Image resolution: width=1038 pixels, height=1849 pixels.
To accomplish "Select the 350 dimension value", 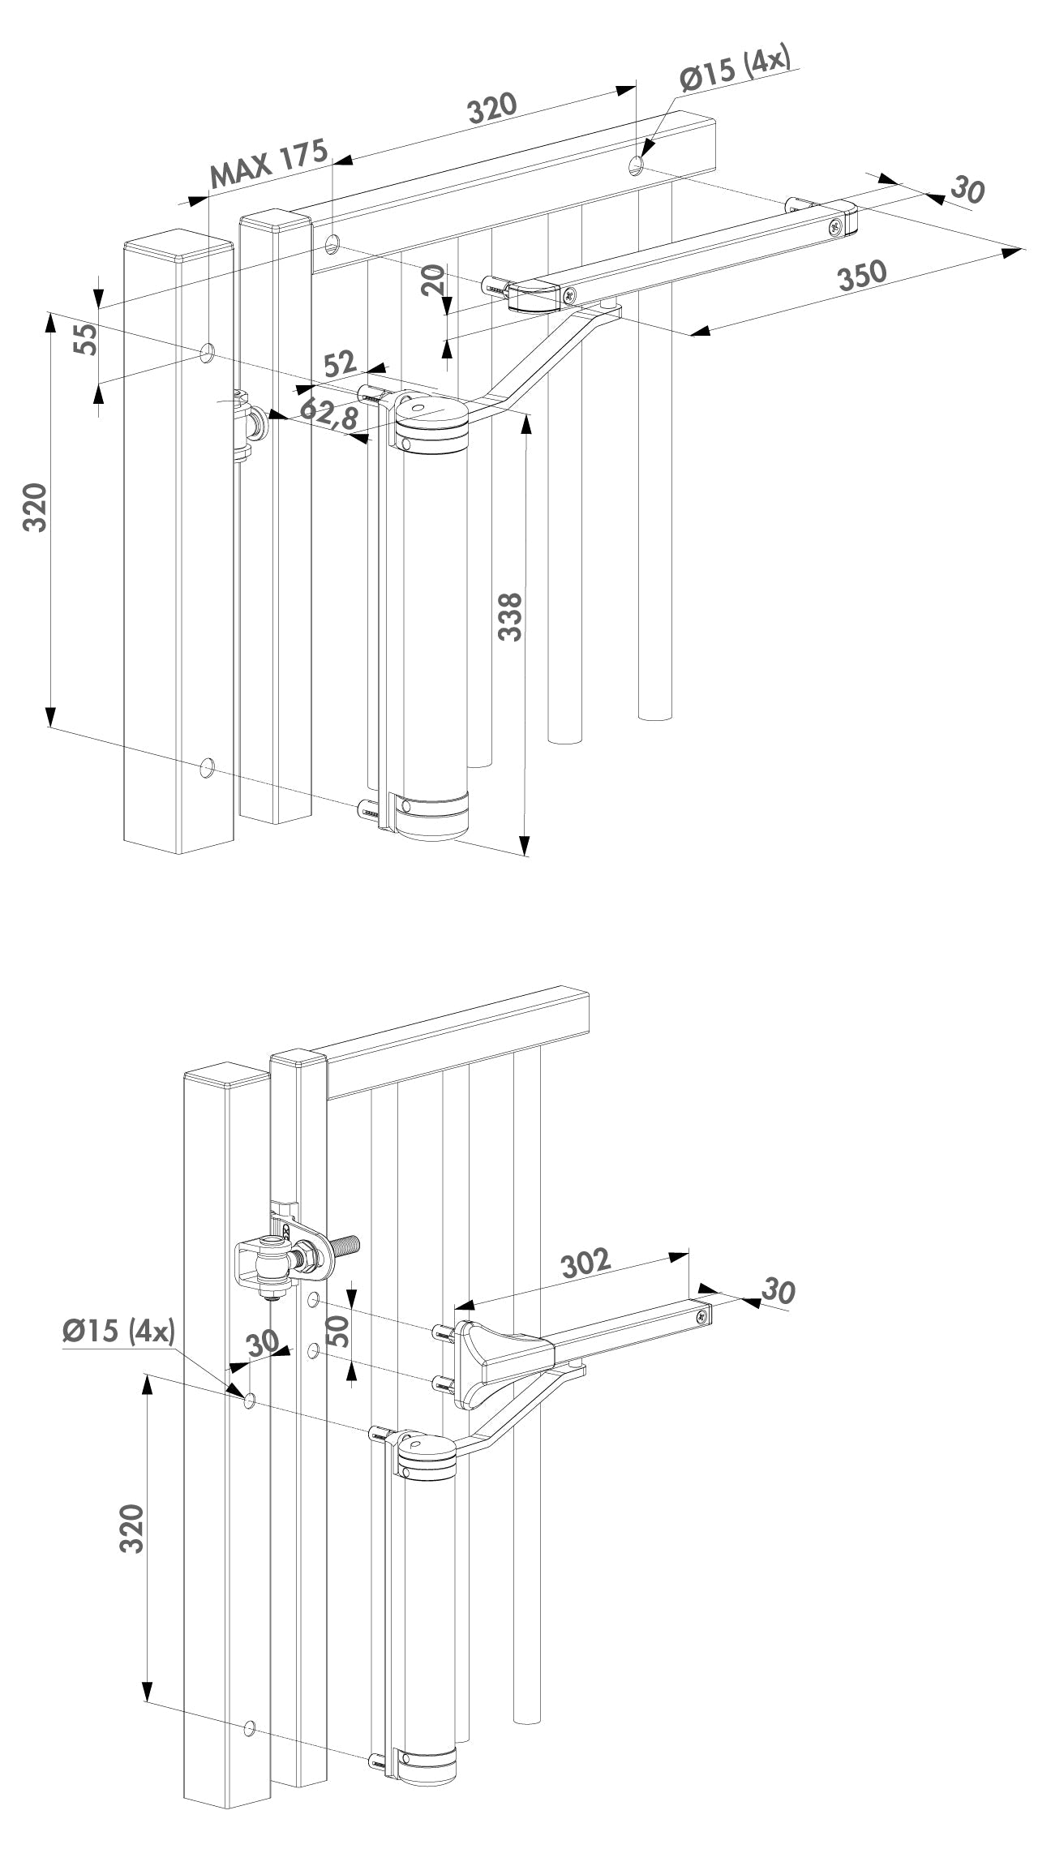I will (862, 276).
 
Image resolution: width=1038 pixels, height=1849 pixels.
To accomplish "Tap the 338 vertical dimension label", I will (510, 616).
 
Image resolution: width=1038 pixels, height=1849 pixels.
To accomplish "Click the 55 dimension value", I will (86, 338).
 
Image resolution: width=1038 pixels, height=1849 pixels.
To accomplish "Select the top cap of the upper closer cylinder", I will (431, 414).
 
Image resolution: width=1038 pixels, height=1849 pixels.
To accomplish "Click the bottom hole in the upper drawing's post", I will (207, 766).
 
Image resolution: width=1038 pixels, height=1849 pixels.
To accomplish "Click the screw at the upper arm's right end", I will (834, 229).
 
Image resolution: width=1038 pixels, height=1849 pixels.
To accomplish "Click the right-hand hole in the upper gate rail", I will (636, 166).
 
